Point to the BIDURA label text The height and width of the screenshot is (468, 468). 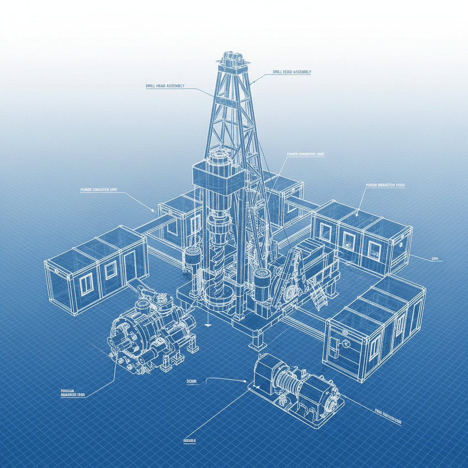click(189, 441)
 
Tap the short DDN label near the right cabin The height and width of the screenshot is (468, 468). click(435, 259)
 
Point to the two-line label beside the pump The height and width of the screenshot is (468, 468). click(73, 393)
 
